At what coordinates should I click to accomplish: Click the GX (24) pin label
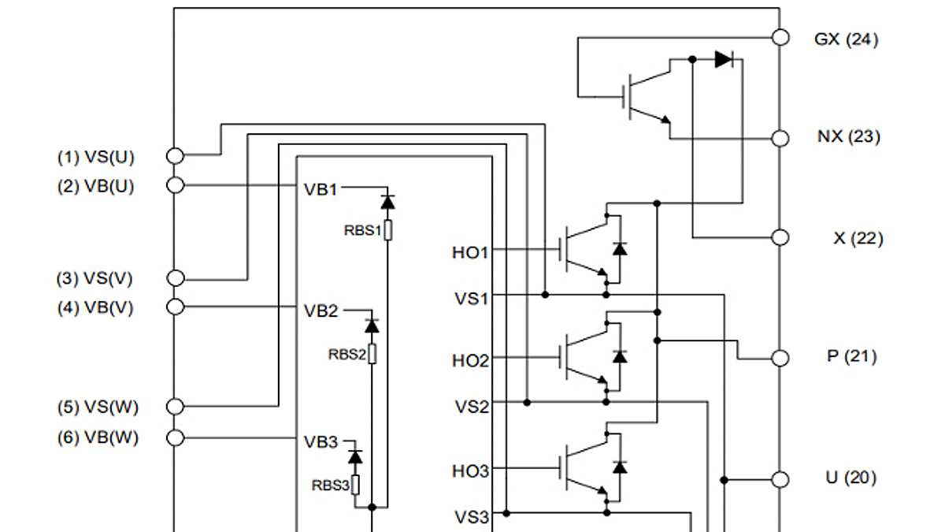[x=846, y=39]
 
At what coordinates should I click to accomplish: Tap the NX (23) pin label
[x=848, y=137]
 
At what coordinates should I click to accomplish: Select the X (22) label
[x=858, y=238]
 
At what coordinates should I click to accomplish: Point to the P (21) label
[x=851, y=356]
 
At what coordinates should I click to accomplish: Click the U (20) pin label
[x=850, y=478]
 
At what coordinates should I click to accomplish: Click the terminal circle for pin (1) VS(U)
[x=175, y=156]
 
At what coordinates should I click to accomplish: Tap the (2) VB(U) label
[x=96, y=187]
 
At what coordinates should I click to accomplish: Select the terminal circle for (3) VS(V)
[x=176, y=278]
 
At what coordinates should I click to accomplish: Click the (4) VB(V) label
[x=94, y=308]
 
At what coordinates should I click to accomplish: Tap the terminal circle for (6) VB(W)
[x=175, y=437]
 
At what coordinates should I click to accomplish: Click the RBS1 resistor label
[x=361, y=231]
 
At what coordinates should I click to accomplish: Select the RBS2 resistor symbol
[x=372, y=354]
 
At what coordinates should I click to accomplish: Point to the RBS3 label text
[x=330, y=485]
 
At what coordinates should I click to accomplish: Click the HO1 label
[x=470, y=253]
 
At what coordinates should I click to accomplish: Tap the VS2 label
[x=472, y=407]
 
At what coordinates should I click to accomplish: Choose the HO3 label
[x=470, y=471]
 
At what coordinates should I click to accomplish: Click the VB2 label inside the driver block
[x=321, y=311]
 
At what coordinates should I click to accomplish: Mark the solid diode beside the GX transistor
[x=724, y=58]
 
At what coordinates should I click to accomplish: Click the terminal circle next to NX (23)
[x=780, y=138]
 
